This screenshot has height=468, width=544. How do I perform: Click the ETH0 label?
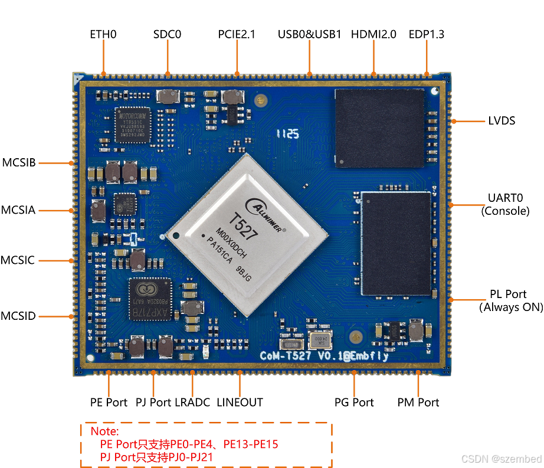pyautogui.click(x=103, y=34)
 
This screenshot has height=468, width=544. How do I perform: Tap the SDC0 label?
pyautogui.click(x=167, y=34)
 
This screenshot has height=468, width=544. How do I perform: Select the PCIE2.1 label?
pyautogui.click(x=237, y=34)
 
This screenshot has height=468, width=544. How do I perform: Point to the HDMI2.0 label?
pyautogui.click(x=373, y=34)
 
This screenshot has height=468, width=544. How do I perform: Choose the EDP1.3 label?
pyautogui.click(x=426, y=34)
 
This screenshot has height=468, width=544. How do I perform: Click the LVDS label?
pyautogui.click(x=502, y=121)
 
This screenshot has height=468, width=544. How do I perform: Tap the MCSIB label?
pyautogui.click(x=19, y=162)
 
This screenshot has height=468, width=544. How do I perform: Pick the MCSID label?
pyautogui.click(x=18, y=316)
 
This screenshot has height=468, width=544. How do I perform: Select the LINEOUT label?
pyautogui.click(x=240, y=402)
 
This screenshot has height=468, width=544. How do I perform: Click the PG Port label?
pyautogui.click(x=354, y=402)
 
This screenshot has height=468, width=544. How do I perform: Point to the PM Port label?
pyautogui.click(x=418, y=402)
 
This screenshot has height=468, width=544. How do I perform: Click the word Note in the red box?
pyautogui.click(x=104, y=432)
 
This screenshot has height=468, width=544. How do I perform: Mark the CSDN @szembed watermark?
pyautogui.click(x=502, y=459)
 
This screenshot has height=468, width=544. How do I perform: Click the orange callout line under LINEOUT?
pyautogui.click(x=240, y=384)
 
